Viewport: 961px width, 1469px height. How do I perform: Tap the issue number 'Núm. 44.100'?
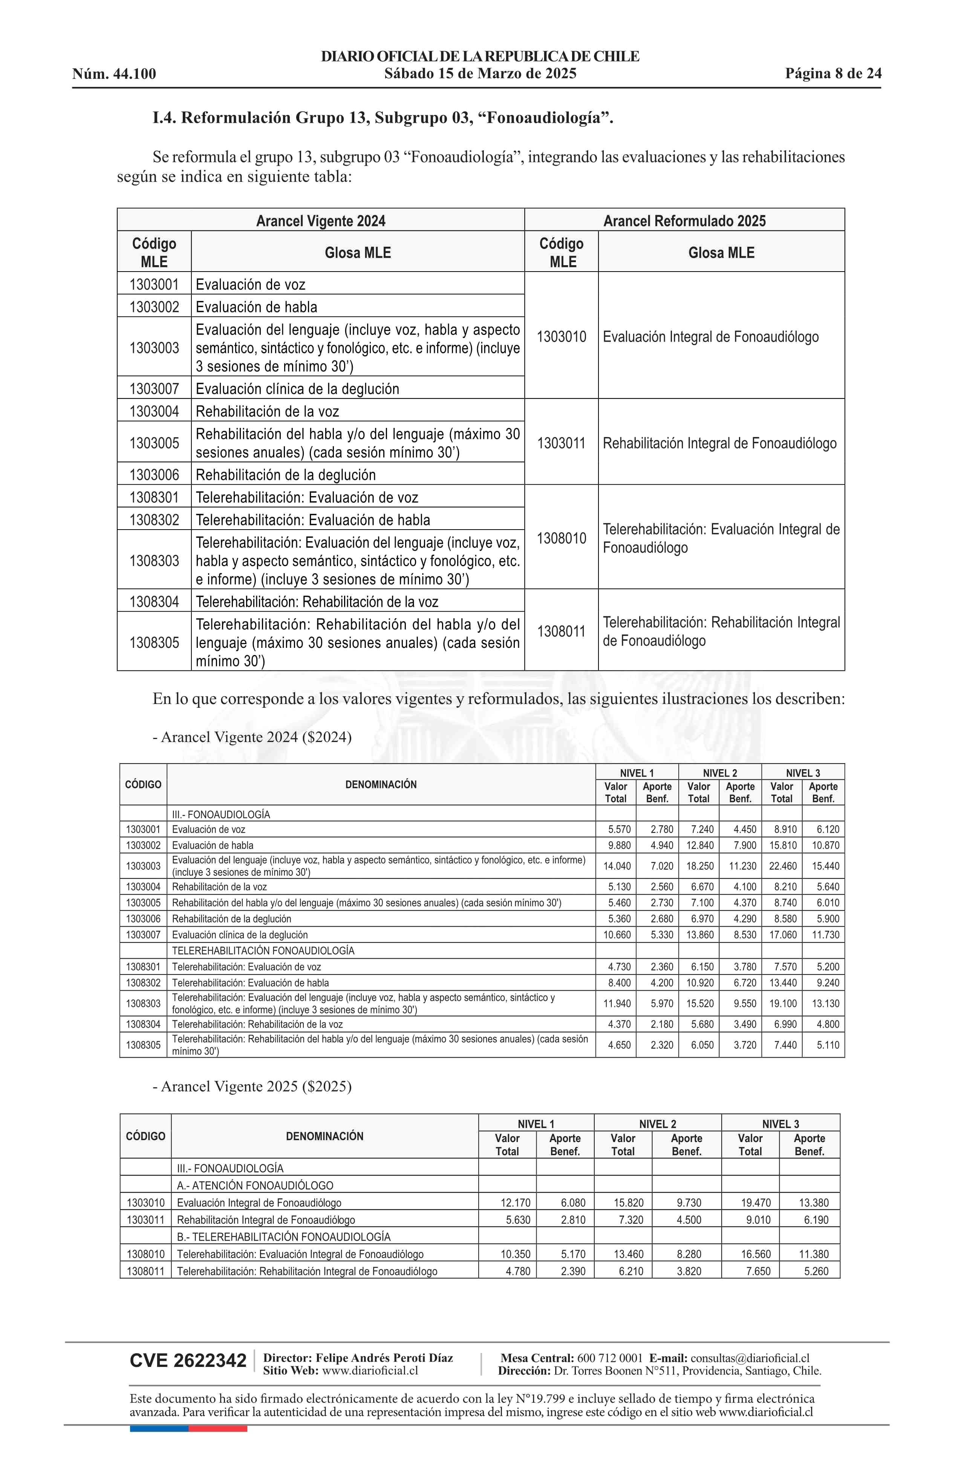[x=114, y=74]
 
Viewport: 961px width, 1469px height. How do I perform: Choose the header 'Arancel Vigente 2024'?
[x=321, y=220]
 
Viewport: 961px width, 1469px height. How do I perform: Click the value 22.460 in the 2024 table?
[x=782, y=866]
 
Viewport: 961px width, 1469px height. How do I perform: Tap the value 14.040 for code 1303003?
[x=617, y=866]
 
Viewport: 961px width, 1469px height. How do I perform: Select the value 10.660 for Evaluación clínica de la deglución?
[x=617, y=935]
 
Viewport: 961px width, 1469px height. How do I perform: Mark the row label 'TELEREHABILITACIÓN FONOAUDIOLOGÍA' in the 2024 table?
[x=263, y=951]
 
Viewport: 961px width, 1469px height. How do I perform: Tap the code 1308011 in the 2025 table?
[x=146, y=1271]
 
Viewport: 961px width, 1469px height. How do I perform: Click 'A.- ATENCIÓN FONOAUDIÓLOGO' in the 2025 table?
[x=255, y=1185]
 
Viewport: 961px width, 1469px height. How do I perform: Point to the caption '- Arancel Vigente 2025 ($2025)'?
[x=252, y=1086]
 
